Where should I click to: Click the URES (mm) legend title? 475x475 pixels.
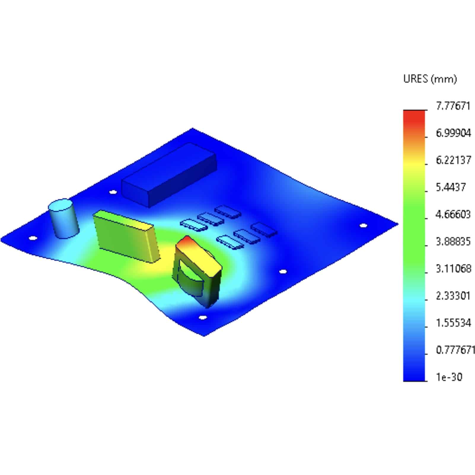click(430, 79)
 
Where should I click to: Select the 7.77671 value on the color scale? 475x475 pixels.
click(453, 106)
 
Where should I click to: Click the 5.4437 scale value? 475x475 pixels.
click(451, 187)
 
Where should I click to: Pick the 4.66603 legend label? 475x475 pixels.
click(453, 214)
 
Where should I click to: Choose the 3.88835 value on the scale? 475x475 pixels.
click(453, 241)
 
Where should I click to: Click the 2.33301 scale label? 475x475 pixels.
click(453, 296)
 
